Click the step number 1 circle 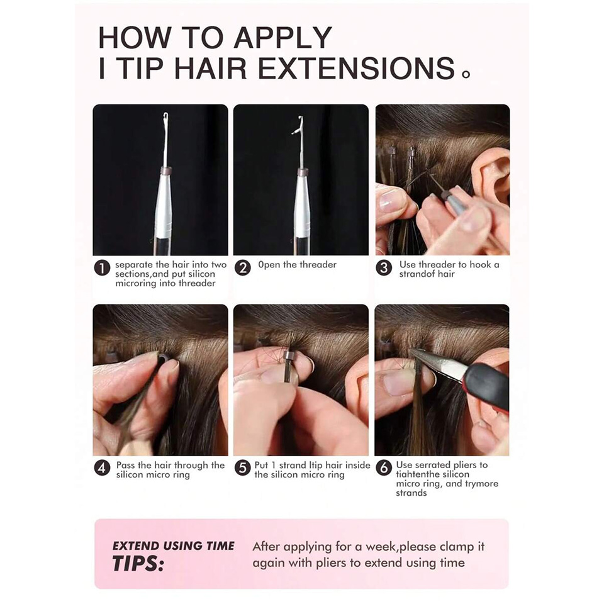click(102, 268)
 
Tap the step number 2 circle click(243, 268)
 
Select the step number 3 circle click(384, 268)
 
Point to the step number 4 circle click(102, 467)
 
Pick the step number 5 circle click(243, 467)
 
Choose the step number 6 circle click(384, 467)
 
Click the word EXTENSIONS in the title click(356, 68)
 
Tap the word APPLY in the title click(282, 37)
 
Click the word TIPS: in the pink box click(138, 564)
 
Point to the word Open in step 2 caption click(269, 265)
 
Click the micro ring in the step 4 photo click(162, 359)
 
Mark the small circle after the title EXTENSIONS click(466, 74)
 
